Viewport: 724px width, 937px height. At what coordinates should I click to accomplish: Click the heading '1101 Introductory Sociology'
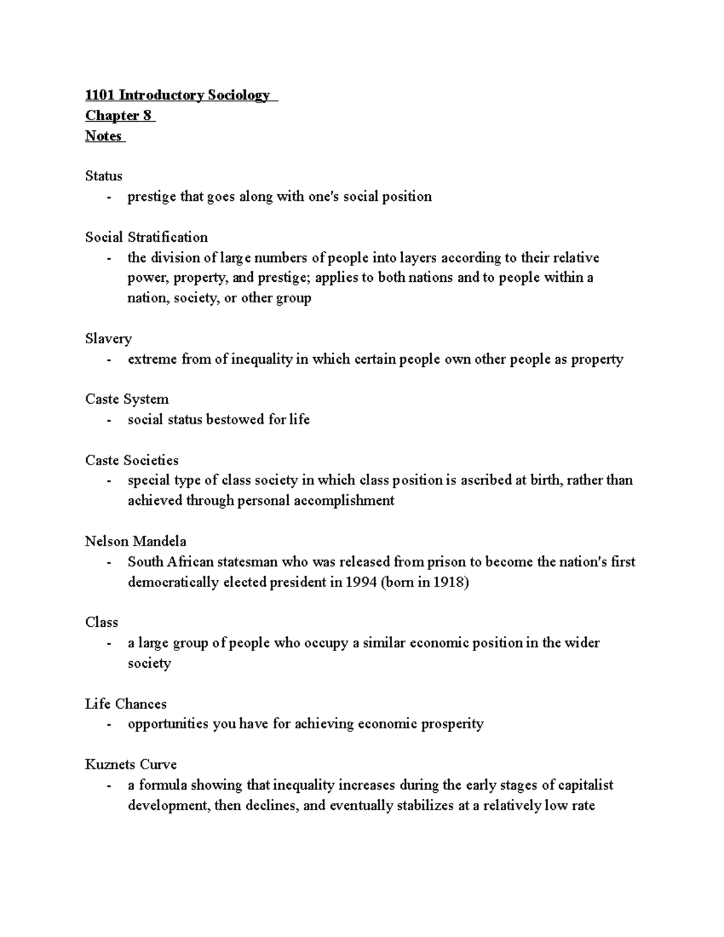coord(177,95)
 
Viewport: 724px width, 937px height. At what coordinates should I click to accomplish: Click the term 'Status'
coord(104,176)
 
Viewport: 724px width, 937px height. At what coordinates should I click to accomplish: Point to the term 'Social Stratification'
coord(146,237)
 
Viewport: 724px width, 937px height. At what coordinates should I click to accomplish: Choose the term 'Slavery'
coord(108,338)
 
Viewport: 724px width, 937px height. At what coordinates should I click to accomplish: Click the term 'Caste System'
coord(127,399)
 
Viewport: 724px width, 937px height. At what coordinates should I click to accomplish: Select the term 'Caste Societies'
coord(132,460)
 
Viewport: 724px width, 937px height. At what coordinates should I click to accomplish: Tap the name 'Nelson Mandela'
coord(135,541)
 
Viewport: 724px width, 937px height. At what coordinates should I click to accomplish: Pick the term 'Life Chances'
coord(125,704)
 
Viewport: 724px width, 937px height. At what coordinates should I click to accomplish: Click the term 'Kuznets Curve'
coord(131,764)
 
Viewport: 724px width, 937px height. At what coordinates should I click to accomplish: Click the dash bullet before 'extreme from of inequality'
coord(109,360)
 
